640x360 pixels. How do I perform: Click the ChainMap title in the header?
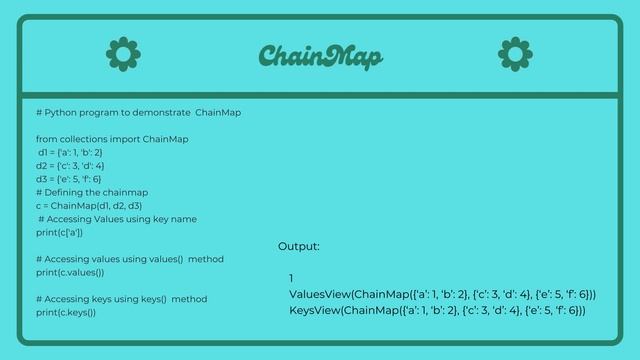[320, 56]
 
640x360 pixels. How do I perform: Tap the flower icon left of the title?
[123, 54]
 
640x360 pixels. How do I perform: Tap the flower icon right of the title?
[515, 54]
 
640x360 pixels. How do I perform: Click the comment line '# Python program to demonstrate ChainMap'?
[138, 112]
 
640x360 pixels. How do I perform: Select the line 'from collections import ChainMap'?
[112, 139]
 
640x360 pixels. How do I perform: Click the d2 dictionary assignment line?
[70, 165]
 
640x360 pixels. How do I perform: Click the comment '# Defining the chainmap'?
[92, 192]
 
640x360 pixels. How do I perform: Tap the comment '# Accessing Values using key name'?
[117, 219]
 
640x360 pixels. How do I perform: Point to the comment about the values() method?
[130, 259]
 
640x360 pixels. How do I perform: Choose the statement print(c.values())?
[70, 272]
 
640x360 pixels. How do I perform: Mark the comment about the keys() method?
[121, 299]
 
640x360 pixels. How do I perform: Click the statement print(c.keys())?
[66, 312]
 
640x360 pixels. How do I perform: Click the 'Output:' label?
[299, 246]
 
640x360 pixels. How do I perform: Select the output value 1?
[292, 278]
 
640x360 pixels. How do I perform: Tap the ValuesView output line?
[442, 295]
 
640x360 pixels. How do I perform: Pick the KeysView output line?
[437, 311]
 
